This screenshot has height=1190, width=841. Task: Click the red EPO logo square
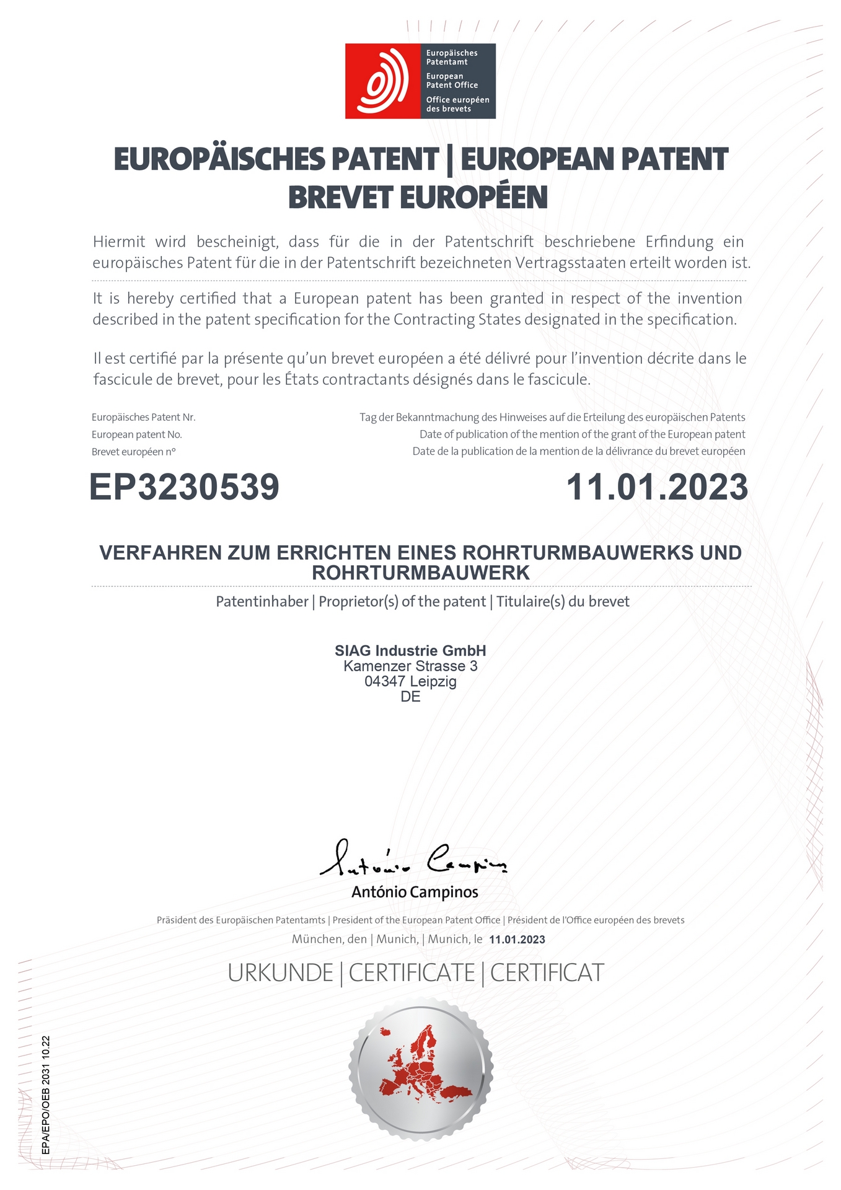383,81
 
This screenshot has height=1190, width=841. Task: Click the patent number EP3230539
184,487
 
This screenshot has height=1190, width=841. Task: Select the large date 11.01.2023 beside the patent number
657,487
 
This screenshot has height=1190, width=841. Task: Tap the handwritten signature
413,858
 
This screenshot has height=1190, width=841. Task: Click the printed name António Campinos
415,892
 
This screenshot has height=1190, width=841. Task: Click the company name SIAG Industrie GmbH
410,651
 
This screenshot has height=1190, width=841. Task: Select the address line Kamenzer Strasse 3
410,666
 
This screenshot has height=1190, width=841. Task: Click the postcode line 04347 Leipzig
410,682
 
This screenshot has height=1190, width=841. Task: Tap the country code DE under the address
410,697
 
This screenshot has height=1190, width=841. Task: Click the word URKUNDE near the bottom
280,974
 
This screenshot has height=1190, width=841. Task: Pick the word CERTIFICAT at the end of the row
547,974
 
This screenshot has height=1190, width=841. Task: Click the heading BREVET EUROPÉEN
418,197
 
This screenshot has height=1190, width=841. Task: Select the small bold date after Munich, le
517,940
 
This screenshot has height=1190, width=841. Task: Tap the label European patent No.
137,434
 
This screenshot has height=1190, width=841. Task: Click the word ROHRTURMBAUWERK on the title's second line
421,573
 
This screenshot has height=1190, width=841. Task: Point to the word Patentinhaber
262,602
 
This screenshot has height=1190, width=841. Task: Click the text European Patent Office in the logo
452,81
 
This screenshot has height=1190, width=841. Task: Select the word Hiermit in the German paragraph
119,242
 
